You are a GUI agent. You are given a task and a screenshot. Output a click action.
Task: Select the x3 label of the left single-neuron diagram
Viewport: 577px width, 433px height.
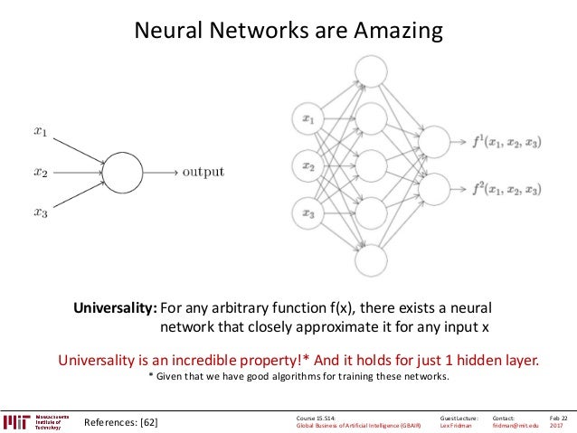41,213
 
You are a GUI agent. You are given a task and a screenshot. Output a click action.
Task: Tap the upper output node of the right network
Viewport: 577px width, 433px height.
435,141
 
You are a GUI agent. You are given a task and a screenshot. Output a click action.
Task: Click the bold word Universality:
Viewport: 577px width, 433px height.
116,307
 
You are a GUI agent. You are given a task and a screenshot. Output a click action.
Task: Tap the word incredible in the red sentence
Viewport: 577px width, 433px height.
228,359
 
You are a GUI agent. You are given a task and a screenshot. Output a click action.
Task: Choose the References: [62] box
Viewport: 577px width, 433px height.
120,422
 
